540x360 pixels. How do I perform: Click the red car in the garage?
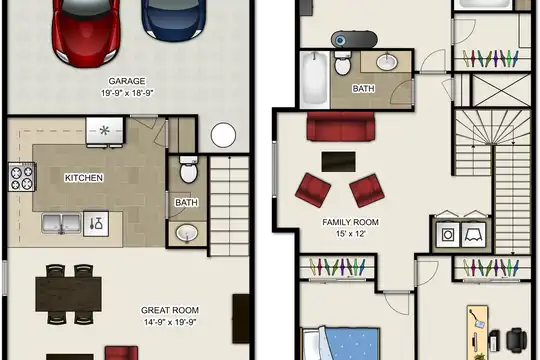tap(86, 31)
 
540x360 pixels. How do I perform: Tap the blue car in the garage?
tap(174, 19)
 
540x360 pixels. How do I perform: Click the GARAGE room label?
tap(127, 81)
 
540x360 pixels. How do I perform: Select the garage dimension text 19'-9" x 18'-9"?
tap(127, 93)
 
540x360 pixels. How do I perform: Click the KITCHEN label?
tap(84, 178)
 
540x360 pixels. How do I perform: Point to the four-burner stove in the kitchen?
tap(21, 177)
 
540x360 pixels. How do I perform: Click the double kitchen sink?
tap(62, 223)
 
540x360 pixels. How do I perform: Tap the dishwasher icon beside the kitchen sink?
tap(96, 224)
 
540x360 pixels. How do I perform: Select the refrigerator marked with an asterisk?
tap(104, 131)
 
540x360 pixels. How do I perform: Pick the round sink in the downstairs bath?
tap(187, 233)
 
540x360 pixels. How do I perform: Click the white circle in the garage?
tap(223, 135)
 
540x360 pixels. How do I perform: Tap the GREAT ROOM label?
tap(170, 310)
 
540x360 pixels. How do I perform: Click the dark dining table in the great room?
tap(69, 294)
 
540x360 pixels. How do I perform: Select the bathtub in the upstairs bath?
tap(315, 79)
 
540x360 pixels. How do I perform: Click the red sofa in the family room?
tap(341, 126)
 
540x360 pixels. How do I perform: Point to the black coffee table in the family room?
tap(339, 162)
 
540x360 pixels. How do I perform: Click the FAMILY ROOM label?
tap(350, 222)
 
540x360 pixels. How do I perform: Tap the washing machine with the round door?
tap(448, 235)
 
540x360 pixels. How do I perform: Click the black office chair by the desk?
tap(516, 340)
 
